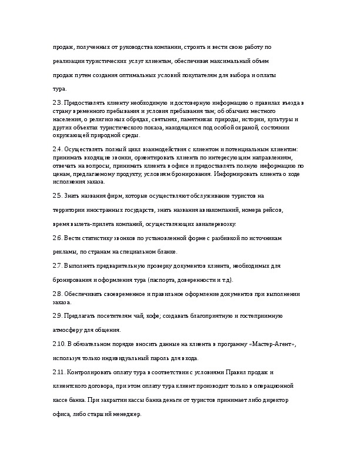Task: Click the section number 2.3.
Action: pos(57,104)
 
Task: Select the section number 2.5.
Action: pos(57,195)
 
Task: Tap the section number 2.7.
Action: pos(57,266)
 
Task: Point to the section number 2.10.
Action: pos(59,344)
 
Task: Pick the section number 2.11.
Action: pos(59,372)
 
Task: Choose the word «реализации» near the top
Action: pos(71,61)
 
